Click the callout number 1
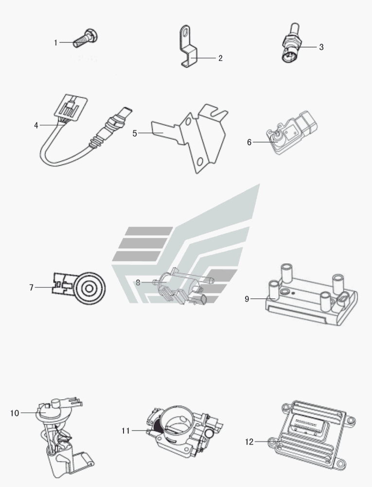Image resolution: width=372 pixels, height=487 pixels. click(56, 42)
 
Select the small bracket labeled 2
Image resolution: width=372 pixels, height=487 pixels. click(189, 47)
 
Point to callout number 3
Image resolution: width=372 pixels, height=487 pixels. click(321, 47)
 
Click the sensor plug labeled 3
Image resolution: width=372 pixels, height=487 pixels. click(290, 43)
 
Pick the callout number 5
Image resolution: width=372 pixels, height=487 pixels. click(135, 133)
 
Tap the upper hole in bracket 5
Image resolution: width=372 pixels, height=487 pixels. click(188, 122)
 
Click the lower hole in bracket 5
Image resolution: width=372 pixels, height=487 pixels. click(200, 161)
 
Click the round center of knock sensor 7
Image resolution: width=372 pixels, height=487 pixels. click(89, 288)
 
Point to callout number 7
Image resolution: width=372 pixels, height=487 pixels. click(31, 288)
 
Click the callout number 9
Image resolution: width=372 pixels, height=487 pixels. click(247, 299)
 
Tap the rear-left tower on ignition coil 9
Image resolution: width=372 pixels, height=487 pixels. click(285, 271)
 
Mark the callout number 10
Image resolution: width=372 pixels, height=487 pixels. click(15, 413)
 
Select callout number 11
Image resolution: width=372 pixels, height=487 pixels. click(125, 431)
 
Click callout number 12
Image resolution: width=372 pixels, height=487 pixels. click(249, 442)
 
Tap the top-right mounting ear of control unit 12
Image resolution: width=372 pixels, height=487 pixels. click(351, 421)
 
